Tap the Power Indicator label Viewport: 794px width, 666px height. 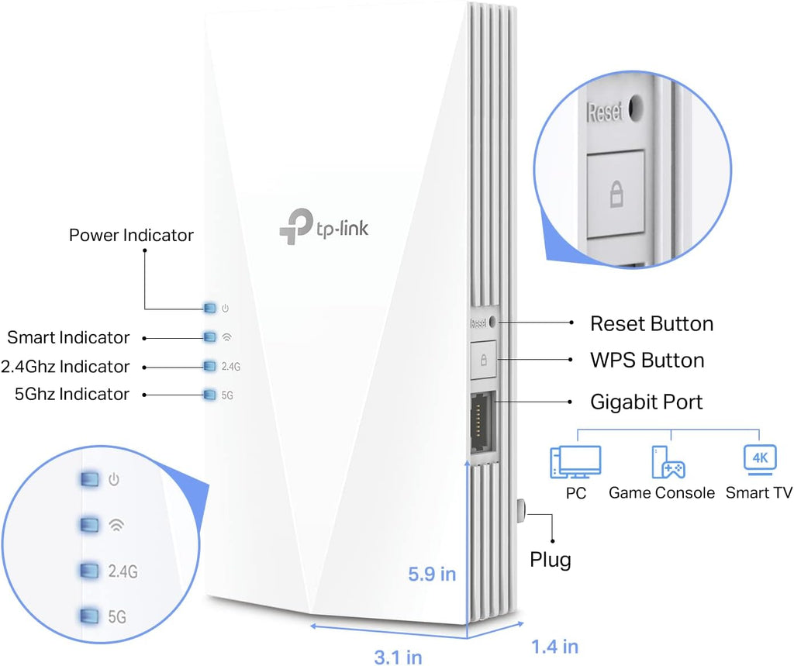click(131, 235)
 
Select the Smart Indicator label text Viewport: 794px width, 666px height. click(68, 337)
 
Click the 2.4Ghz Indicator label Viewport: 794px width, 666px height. click(65, 366)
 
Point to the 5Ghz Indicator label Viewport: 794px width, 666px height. click(72, 394)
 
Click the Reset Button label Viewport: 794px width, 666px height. click(651, 323)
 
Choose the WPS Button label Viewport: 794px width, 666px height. click(647, 361)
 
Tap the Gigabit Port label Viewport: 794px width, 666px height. click(646, 402)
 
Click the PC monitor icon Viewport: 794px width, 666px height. click(575, 461)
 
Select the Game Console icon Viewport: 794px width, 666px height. click(667, 461)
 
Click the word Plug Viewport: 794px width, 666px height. click(550, 559)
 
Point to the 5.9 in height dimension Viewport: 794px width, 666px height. click(432, 575)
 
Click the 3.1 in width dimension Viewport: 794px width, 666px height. click(398, 657)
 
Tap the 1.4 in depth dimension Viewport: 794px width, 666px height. click(554, 645)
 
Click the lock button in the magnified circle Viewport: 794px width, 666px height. click(616, 195)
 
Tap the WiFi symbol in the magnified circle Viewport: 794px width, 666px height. click(116, 525)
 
